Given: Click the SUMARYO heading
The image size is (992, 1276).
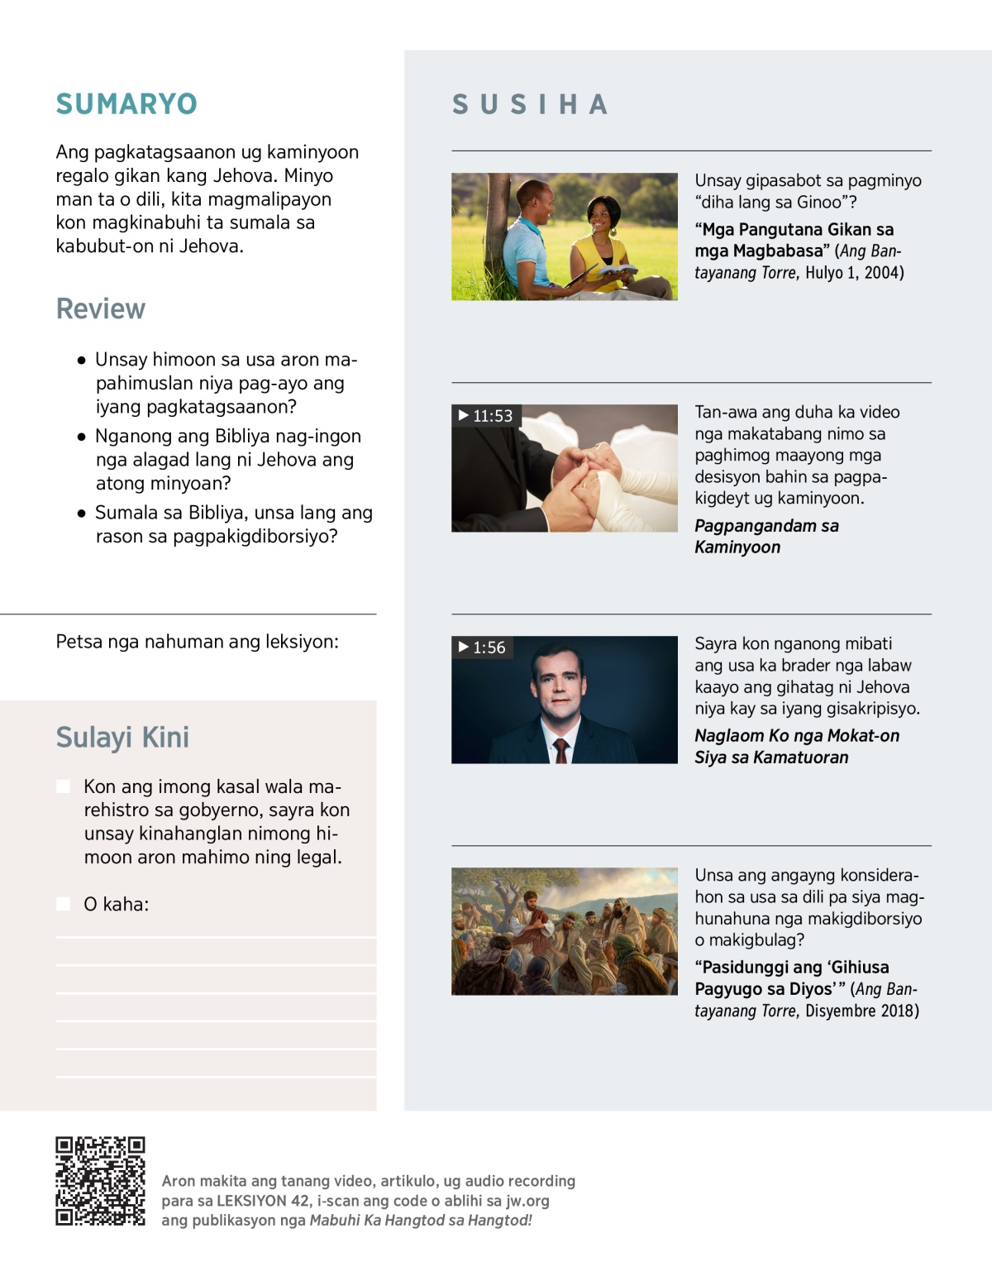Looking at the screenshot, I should click(x=126, y=104).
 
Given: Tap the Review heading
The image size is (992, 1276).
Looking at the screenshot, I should click(x=101, y=308).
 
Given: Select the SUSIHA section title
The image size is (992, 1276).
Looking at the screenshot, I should click(x=530, y=105).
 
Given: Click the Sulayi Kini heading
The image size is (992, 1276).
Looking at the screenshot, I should click(x=122, y=737).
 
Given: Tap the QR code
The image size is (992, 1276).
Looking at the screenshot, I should click(x=100, y=1181).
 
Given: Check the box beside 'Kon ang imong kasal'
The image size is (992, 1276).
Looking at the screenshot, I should click(x=64, y=786).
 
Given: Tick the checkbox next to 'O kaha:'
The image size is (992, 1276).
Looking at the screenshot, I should click(x=64, y=904).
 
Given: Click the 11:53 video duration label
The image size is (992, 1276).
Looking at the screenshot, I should click(x=486, y=416).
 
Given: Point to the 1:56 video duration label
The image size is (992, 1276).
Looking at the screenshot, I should click(x=483, y=648).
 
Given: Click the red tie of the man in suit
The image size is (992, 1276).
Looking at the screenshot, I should click(x=561, y=750).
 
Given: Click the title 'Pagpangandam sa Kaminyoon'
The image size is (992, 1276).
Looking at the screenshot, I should click(x=766, y=536).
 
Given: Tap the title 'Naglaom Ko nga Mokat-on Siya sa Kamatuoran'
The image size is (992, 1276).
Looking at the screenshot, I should click(x=796, y=746).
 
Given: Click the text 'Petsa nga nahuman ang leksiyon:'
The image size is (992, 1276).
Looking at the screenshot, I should click(x=197, y=642).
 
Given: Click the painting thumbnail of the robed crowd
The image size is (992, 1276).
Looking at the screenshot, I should click(x=564, y=931).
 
